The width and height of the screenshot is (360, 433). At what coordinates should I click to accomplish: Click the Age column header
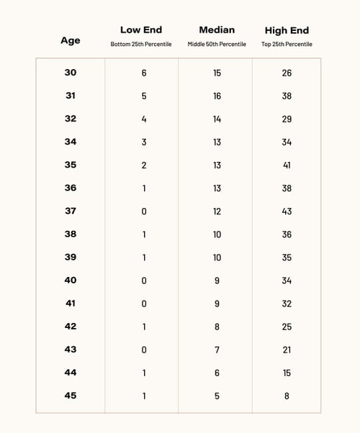click(x=71, y=41)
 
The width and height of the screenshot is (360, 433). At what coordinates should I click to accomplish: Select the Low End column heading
click(x=140, y=30)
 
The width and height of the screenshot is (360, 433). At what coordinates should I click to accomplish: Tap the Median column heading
click(x=217, y=30)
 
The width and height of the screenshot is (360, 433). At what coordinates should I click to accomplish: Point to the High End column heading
click(x=287, y=30)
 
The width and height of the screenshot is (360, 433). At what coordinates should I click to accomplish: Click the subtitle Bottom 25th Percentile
click(x=140, y=45)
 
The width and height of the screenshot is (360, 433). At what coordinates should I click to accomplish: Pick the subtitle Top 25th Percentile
click(x=287, y=45)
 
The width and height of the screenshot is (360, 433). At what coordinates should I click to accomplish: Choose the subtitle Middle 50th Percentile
click(x=217, y=45)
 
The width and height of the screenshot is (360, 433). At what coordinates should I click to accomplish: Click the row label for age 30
click(x=71, y=73)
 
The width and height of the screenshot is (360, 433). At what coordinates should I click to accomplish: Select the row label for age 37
click(x=71, y=211)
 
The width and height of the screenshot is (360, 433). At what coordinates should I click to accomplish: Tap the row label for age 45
click(x=71, y=396)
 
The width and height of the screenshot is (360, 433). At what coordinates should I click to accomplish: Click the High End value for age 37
click(x=287, y=211)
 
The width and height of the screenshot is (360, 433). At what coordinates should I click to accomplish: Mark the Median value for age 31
click(x=217, y=96)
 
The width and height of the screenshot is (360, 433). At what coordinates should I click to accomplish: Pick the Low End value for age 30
click(x=144, y=73)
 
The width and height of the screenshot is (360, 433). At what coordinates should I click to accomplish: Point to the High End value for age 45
click(x=287, y=396)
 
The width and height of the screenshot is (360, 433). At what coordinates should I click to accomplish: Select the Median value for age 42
click(x=217, y=327)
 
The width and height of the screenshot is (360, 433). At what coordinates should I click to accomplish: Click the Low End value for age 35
click(x=144, y=165)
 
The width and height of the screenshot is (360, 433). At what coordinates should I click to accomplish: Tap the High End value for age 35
click(x=287, y=165)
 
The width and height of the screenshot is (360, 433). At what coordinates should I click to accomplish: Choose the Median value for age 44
click(x=217, y=373)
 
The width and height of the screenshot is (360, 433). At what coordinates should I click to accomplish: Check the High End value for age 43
click(x=287, y=350)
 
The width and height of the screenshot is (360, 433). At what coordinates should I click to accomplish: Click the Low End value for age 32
click(x=144, y=119)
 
